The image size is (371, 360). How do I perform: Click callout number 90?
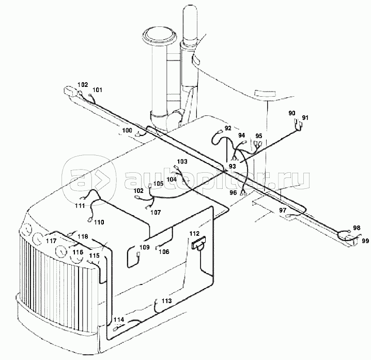(x=292, y=113)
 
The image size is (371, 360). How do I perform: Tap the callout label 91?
(x=305, y=118)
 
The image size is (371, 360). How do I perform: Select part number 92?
(x=228, y=128)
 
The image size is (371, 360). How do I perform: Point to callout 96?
(x=233, y=192)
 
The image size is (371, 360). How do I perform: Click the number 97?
(x=283, y=210)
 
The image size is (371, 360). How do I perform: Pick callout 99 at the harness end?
(x=365, y=241)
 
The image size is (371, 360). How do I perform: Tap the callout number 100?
(x=127, y=130)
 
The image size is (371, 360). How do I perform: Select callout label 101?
(x=97, y=90)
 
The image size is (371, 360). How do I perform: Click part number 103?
(x=182, y=161)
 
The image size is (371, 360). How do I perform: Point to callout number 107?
(x=156, y=213)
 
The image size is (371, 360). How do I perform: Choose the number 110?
(x=99, y=222)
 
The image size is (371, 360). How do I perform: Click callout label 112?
(x=194, y=234)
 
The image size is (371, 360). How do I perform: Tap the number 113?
(x=166, y=301)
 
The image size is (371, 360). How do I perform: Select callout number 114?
(x=119, y=320)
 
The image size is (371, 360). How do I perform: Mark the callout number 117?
(x=51, y=241)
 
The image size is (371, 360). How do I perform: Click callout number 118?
(x=83, y=236)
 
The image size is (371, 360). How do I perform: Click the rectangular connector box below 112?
(x=199, y=243)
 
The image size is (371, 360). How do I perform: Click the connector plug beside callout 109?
(x=138, y=254)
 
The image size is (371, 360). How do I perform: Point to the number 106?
(x=164, y=251)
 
